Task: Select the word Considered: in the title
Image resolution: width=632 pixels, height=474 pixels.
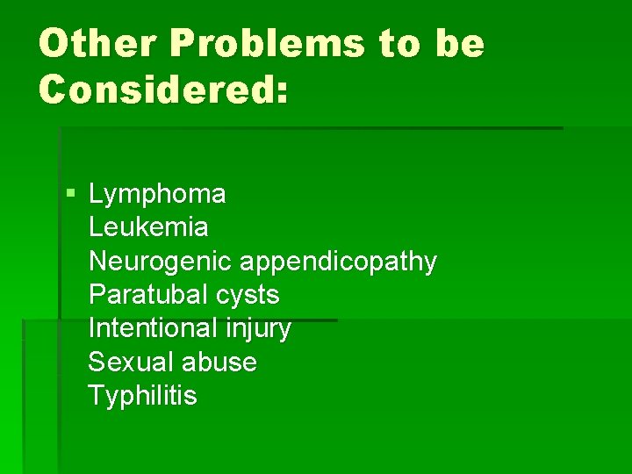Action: click(163, 89)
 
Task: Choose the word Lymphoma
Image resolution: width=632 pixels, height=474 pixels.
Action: click(157, 194)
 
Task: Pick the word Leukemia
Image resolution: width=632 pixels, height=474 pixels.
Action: click(148, 227)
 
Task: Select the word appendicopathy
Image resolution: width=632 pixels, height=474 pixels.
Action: click(338, 262)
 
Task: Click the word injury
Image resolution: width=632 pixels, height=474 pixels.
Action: click(259, 329)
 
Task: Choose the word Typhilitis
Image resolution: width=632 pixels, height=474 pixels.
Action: click(142, 396)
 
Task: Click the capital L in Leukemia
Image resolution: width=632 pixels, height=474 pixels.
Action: click(95, 227)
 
